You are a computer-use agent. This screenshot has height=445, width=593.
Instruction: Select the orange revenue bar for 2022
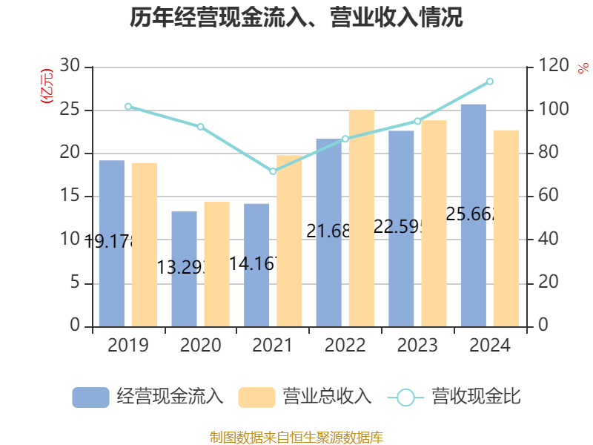coord(361,218)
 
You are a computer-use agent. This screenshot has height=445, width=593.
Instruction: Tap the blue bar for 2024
coord(474,215)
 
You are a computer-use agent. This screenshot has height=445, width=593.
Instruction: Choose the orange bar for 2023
coord(434,223)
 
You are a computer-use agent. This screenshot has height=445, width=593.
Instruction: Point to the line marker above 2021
coord(273,171)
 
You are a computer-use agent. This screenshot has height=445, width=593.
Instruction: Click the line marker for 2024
coord(489,81)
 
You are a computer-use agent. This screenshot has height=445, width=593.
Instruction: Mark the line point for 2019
coord(128,107)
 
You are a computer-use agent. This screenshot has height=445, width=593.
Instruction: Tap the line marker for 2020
coord(200,127)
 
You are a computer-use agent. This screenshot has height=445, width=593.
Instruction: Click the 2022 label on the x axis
coord(345,346)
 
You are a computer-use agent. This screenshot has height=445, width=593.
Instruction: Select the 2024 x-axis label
coord(489,346)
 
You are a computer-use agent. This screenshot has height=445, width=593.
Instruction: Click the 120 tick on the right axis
coord(549,67)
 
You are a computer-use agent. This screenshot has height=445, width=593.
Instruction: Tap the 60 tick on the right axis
coord(544,197)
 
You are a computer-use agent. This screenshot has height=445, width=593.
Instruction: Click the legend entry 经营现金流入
coord(148,397)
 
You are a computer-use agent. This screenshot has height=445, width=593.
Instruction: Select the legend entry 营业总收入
coord(305,397)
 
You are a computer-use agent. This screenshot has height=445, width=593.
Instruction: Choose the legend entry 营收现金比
coord(454,397)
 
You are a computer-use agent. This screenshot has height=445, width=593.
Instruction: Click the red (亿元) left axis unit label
coord(47,86)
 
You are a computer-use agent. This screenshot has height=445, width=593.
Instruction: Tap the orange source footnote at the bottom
coord(296,437)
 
